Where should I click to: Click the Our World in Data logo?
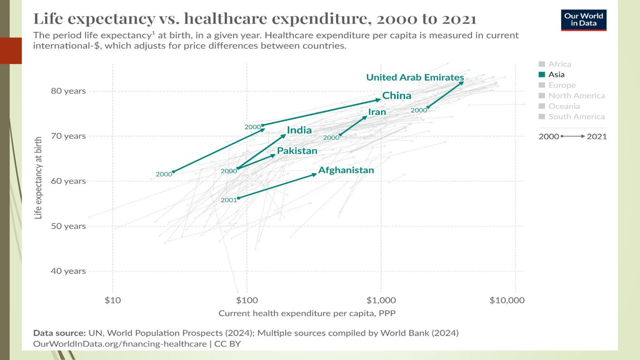pyautogui.click(x=583, y=20)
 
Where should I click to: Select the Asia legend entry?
pyautogui.click(x=556, y=75)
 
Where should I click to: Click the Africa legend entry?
pyautogui.click(x=559, y=64)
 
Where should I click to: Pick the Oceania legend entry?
pyautogui.click(x=564, y=106)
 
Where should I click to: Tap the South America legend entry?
pyautogui.click(x=576, y=117)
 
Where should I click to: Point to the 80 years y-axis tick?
pyautogui.click(x=68, y=91)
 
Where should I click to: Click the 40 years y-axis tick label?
pyautogui.click(x=68, y=271)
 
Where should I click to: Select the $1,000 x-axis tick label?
pyautogui.click(x=381, y=300)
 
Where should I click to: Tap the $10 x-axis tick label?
pyautogui.click(x=112, y=300)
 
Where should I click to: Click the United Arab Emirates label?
pyautogui.click(x=415, y=77)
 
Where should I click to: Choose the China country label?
pyautogui.click(x=397, y=96)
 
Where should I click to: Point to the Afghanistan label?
pyautogui.click(x=346, y=170)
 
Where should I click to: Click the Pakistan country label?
pyautogui.click(x=297, y=151)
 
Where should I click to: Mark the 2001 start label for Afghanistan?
pyautogui.click(x=229, y=200)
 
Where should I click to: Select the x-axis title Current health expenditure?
pyautogui.click(x=307, y=313)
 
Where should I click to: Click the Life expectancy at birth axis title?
pyautogui.click(x=38, y=178)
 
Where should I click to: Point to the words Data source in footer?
pyautogui.click(x=59, y=333)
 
